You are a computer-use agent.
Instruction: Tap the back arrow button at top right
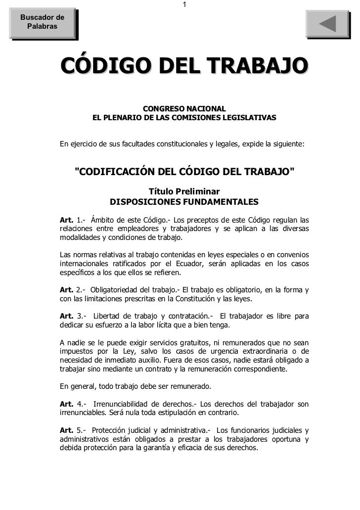[x=327, y=24]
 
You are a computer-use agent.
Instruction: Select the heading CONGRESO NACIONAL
[x=184, y=108]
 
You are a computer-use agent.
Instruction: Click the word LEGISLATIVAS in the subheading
[x=250, y=119]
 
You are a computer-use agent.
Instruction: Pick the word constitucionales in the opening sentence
[x=182, y=144]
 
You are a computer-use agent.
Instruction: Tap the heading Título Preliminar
[x=184, y=191]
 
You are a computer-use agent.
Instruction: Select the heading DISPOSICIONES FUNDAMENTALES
[x=184, y=202]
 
